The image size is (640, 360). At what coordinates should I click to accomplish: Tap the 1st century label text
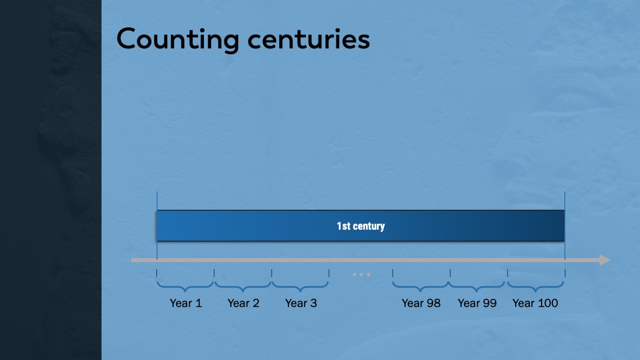pos(361,226)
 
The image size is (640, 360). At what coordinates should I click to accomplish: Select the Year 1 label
pos(186,303)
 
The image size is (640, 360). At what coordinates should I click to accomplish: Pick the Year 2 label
pos(244,303)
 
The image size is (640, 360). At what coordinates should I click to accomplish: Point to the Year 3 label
pos(301,303)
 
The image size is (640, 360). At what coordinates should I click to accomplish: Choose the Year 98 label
pos(421,303)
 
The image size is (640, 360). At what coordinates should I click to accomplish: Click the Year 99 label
pos(477,303)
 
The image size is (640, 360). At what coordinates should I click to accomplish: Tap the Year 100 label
pos(535,303)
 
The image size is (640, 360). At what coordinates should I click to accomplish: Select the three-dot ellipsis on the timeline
pos(361,275)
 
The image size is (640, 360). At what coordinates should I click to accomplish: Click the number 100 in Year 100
pos(547,303)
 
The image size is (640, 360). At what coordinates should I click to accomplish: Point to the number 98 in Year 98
pos(433,303)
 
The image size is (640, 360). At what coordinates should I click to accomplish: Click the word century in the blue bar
pos(369,226)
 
